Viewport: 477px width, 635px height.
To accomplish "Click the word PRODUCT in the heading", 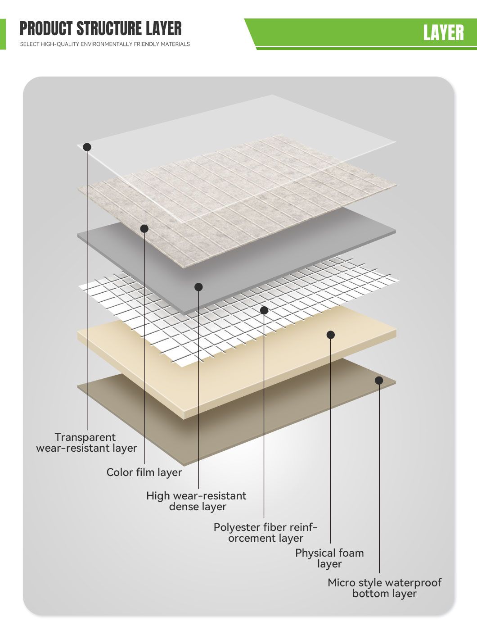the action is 46,28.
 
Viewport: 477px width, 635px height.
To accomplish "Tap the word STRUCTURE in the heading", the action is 109,28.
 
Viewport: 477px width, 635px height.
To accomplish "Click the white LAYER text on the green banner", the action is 443,33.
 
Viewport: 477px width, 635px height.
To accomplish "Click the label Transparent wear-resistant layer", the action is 86,442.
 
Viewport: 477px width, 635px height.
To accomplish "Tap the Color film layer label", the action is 144,472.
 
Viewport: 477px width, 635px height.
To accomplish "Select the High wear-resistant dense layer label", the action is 196,501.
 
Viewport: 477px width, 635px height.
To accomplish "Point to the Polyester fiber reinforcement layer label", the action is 265,533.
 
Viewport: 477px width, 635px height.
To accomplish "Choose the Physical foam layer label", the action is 329,558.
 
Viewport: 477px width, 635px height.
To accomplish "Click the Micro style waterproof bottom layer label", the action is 384,588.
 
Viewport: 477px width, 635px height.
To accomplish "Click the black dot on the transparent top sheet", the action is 87,147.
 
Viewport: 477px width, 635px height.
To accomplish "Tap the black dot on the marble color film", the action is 144,229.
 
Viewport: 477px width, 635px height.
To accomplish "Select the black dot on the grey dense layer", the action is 198,287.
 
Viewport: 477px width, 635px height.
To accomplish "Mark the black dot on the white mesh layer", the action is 264,310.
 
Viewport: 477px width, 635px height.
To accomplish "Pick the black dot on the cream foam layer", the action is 331,335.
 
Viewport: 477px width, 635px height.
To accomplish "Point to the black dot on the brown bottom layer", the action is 379,381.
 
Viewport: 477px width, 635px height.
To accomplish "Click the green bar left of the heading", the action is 3,34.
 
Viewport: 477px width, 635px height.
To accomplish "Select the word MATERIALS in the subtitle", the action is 175,44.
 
